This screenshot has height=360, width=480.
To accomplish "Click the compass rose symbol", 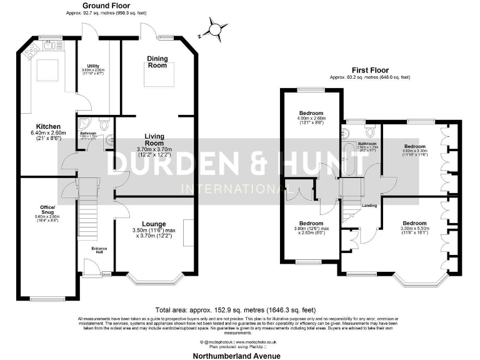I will click(215, 29).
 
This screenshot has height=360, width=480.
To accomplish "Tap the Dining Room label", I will click(157, 59).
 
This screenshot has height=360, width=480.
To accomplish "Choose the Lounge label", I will click(153, 223).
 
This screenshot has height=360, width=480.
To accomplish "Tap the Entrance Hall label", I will click(99, 250).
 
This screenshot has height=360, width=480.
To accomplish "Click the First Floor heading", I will click(369, 71).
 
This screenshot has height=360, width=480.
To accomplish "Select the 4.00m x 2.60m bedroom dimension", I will click(311, 120).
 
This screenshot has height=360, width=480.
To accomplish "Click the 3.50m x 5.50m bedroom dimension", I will click(414, 230).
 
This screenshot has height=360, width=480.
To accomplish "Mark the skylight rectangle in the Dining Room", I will click(160, 74).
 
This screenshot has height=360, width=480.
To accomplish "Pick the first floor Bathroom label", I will click(367, 144).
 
